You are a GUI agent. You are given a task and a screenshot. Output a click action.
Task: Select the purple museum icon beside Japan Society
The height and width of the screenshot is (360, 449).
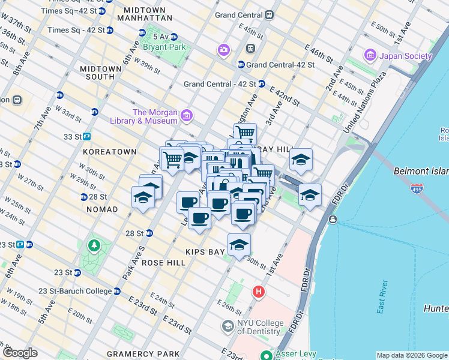click(370, 56)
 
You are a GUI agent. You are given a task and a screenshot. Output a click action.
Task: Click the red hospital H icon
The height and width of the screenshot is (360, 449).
click(259, 292)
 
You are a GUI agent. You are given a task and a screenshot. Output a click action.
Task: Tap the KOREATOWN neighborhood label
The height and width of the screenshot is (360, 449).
click(110, 152)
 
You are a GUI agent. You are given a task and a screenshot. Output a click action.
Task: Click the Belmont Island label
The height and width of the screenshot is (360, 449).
click(421, 171)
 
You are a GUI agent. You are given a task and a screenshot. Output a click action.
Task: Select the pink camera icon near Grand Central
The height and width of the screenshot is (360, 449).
click(224, 49)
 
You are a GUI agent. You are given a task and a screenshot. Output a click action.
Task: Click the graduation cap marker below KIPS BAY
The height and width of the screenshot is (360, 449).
click(239, 245)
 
